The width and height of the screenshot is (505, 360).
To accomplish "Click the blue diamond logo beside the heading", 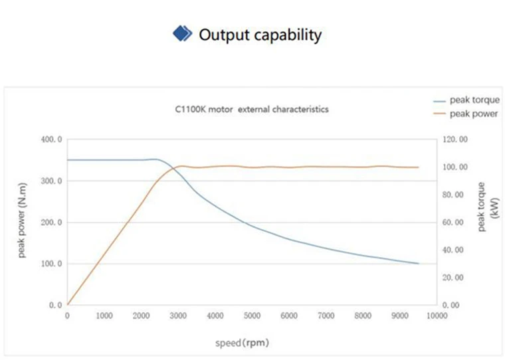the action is click(182, 33).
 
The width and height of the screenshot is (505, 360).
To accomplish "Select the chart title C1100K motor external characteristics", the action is click(252, 110).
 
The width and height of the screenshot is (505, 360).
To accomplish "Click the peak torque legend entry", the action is click(466, 100).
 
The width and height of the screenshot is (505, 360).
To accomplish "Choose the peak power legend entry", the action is click(466, 114).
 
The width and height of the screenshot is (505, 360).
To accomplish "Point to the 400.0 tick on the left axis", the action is click(52, 139).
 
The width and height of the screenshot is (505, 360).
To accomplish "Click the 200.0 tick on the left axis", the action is click(52, 223).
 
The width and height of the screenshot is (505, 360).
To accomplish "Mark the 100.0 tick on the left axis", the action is click(52, 264).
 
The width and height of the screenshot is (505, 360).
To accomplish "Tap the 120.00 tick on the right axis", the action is click(455, 139).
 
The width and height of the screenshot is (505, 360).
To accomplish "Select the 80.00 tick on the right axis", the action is click(453, 195).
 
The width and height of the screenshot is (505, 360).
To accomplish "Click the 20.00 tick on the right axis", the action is click(453, 278).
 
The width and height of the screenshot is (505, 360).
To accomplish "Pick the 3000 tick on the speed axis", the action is click(178, 316).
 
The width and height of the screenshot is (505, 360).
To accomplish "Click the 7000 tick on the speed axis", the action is click(326, 316).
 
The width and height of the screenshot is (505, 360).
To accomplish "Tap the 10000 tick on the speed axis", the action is click(437, 316).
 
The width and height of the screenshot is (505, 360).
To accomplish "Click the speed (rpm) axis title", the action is click(242, 343).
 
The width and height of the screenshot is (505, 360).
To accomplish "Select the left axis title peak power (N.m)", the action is click(22, 221).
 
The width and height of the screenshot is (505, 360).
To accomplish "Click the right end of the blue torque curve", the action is click(419, 264).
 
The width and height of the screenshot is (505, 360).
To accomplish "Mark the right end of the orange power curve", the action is click(419, 167).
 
